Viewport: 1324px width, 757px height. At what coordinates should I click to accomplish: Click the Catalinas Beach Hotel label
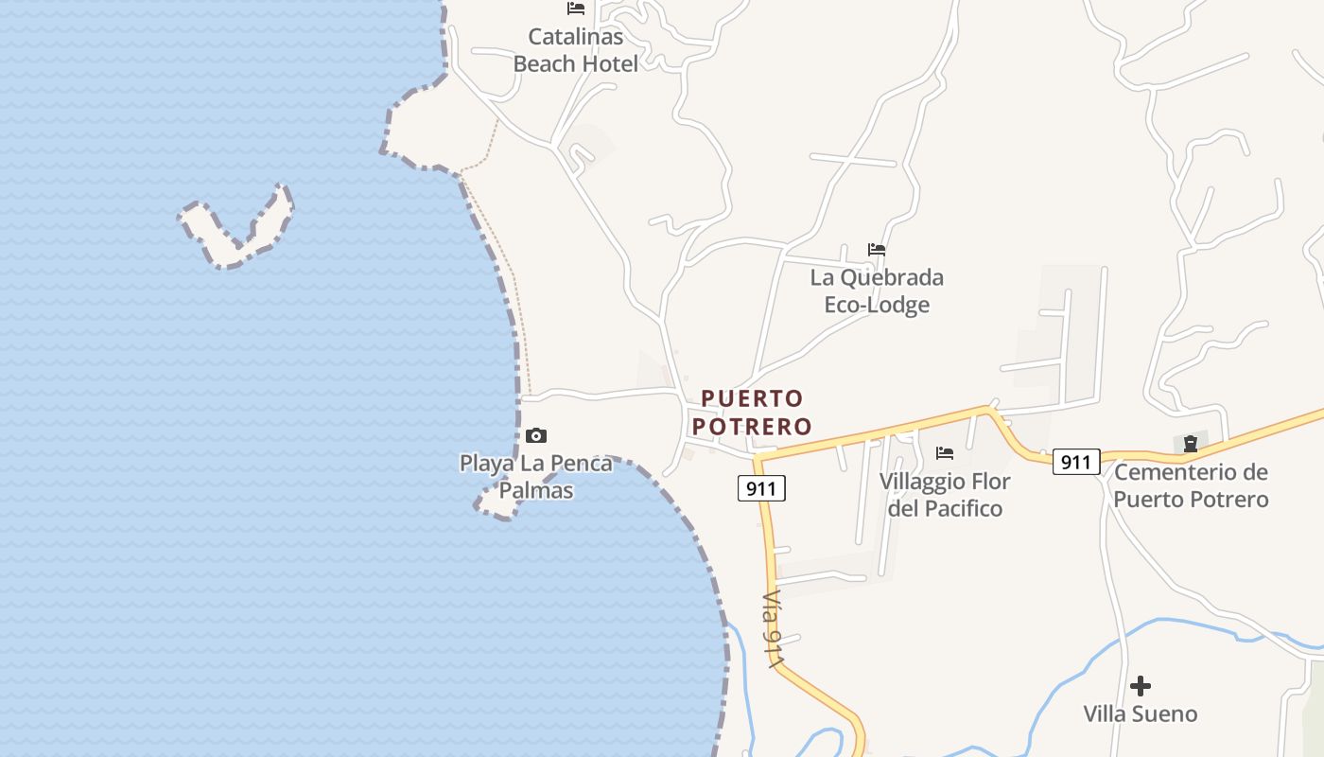(x=575, y=50)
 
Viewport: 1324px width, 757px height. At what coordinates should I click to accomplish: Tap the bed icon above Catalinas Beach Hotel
(x=575, y=9)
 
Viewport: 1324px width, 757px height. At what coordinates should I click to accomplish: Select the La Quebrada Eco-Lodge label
(x=877, y=290)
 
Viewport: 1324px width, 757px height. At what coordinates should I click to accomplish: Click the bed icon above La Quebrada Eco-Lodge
(x=877, y=250)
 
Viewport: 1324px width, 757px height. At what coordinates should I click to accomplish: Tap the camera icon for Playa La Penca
(x=536, y=435)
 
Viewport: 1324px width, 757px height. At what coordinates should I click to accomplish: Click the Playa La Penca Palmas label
(x=536, y=477)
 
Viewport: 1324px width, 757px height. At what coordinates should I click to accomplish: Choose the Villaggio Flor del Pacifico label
(x=945, y=494)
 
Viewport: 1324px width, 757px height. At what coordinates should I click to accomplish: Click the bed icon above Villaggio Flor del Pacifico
(x=945, y=453)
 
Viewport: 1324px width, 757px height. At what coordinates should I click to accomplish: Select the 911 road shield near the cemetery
(x=1076, y=462)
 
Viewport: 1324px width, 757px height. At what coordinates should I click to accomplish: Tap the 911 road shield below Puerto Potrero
(x=761, y=488)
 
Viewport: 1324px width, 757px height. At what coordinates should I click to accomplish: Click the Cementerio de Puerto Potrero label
(x=1191, y=484)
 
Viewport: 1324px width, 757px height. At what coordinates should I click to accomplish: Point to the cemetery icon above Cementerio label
(x=1191, y=444)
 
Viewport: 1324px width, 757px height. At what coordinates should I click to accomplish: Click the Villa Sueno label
(x=1141, y=713)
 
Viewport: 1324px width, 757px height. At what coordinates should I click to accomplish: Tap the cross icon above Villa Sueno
(x=1141, y=685)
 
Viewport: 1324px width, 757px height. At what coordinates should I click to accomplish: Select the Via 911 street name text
(x=774, y=630)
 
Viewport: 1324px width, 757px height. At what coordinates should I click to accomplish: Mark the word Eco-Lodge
(x=877, y=305)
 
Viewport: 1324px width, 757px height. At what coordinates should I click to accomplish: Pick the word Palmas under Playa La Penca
(x=536, y=490)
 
